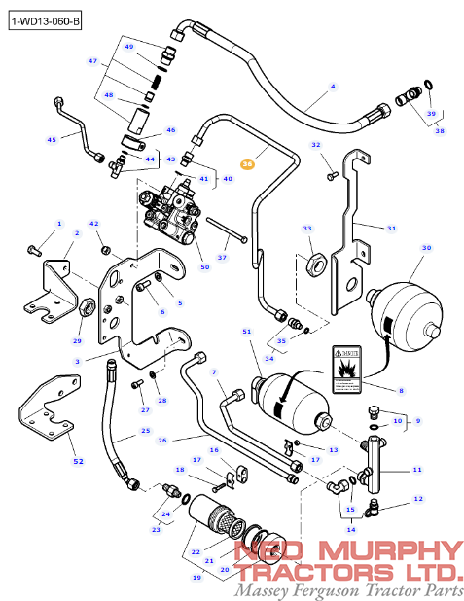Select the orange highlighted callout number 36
pyautogui.click(x=247, y=164)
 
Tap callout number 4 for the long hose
pyautogui.click(x=332, y=87)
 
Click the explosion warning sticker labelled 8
pyautogui.click(x=347, y=369)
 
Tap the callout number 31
pyautogui.click(x=391, y=229)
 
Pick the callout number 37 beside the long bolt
pyautogui.click(x=222, y=257)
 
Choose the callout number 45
pyautogui.click(x=52, y=140)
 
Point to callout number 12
pyautogui.click(x=417, y=498)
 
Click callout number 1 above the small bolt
pyautogui.click(x=57, y=224)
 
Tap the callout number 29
pyautogui.click(x=77, y=340)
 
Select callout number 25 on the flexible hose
pyautogui.click(x=145, y=431)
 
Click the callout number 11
pyautogui.click(x=416, y=470)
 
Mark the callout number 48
pyautogui.click(x=108, y=95)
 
